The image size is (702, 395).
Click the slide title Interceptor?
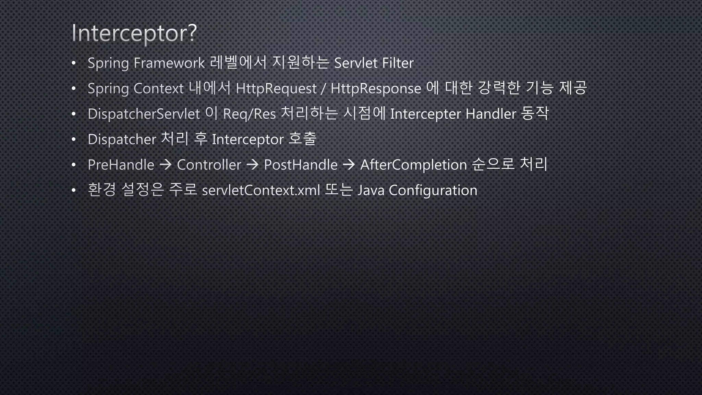[134, 33]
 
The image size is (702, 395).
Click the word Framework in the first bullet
[169, 63]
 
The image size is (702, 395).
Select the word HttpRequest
[276, 89]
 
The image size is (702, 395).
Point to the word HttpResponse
[376, 89]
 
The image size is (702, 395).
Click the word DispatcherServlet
[144, 114]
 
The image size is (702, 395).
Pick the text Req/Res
[249, 114]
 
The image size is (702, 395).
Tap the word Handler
[491, 114]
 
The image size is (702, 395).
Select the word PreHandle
[121, 165]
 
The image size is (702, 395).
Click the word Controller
[209, 165]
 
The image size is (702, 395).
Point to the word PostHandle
[301, 165]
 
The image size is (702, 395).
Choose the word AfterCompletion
[413, 165]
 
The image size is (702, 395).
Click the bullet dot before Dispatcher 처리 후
[73, 140]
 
